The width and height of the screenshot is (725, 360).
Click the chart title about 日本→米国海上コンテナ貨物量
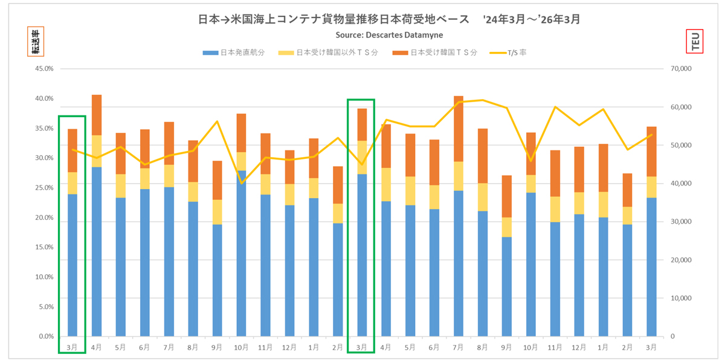(389, 19)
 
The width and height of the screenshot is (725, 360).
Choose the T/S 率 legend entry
(509, 53)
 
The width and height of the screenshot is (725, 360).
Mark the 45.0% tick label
(45, 69)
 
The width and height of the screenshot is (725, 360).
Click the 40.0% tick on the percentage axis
(45, 98)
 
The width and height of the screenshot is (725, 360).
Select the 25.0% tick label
(45, 188)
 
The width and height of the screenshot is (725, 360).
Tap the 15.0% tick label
(45, 247)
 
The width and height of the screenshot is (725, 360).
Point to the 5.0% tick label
(46, 307)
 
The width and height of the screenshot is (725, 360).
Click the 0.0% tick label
(46, 336)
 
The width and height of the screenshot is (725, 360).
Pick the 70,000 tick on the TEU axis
(681, 69)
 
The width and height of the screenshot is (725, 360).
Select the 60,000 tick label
(681, 107)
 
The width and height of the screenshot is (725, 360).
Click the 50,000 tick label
(681, 146)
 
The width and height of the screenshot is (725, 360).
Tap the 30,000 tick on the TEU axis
(681, 222)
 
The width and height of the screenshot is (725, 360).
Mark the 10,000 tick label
(681, 298)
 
